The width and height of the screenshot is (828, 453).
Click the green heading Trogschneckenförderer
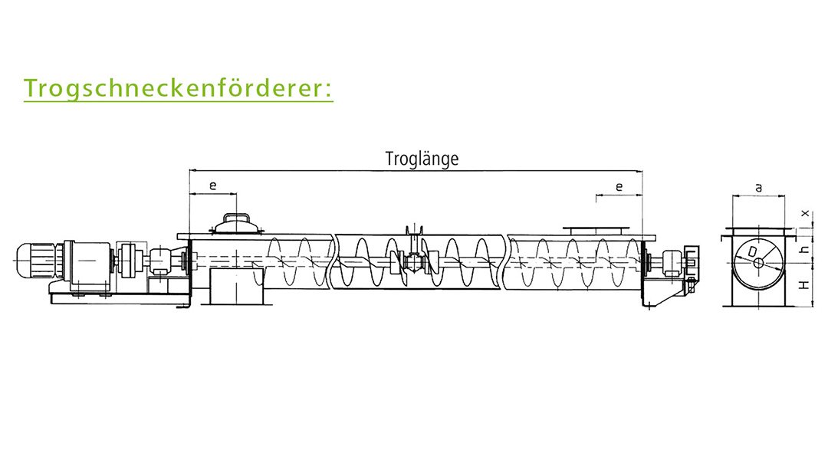[x=179, y=88]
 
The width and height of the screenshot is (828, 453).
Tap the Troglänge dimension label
[x=422, y=159]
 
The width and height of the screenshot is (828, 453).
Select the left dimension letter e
[x=213, y=185]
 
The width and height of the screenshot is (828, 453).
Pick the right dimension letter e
[x=619, y=186]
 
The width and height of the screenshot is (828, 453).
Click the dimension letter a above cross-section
[x=759, y=188]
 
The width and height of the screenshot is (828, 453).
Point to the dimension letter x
[x=805, y=213]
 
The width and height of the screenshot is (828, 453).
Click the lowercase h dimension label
[x=805, y=249]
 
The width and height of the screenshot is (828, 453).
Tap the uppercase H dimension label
[x=804, y=285]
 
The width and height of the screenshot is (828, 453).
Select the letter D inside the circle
[x=752, y=251]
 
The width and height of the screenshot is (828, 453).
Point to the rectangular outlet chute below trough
[x=237, y=286]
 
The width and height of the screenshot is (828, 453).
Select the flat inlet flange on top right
[x=596, y=230]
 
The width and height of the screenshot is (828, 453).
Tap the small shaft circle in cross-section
[x=758, y=262]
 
